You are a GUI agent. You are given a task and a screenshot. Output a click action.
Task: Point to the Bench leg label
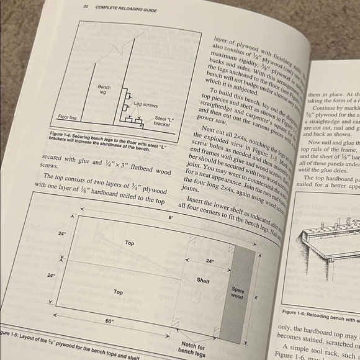(x=104, y=91)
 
